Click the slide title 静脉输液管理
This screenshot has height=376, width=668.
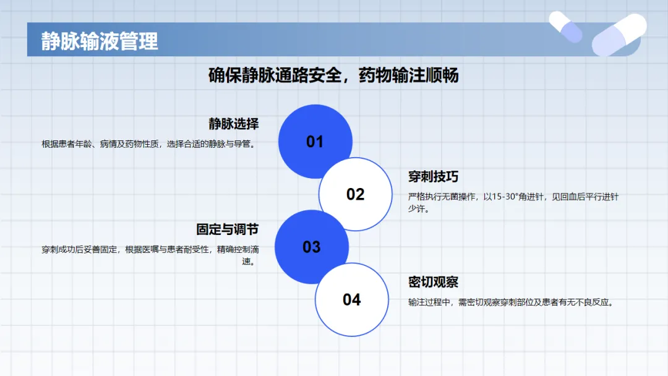99,41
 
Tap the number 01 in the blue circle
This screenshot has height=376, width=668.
315,142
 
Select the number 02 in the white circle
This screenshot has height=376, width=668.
355,195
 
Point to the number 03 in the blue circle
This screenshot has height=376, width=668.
311,247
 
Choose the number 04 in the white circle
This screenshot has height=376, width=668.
352,300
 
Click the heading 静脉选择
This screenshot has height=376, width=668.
233,124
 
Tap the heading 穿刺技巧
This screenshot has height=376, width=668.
433,176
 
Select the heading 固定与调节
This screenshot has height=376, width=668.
228,229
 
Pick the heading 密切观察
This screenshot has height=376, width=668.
433,282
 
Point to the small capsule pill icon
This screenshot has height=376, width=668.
566,27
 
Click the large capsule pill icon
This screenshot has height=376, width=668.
619,35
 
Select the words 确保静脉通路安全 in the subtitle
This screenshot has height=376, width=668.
275,75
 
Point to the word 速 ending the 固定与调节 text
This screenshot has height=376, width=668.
246,262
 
